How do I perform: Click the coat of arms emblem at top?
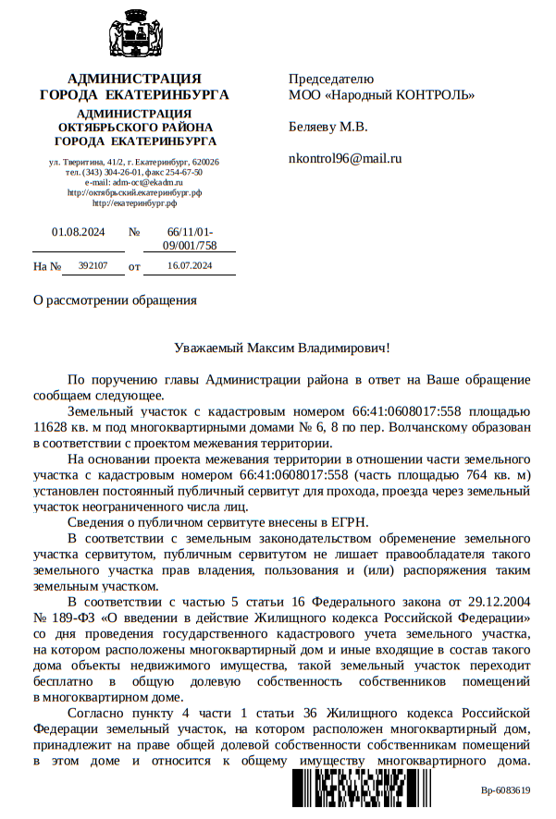[135, 34]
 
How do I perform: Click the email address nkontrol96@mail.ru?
[345, 158]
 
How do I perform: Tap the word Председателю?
[330, 79]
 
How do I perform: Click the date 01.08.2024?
[79, 233]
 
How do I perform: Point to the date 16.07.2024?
[190, 266]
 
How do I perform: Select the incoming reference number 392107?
[93, 266]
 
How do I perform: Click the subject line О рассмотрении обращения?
[115, 300]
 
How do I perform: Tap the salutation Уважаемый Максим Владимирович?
[282, 348]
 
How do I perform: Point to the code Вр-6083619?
[505, 790]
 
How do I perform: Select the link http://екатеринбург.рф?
[135, 203]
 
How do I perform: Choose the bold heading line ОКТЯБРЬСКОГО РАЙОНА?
[135, 128]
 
